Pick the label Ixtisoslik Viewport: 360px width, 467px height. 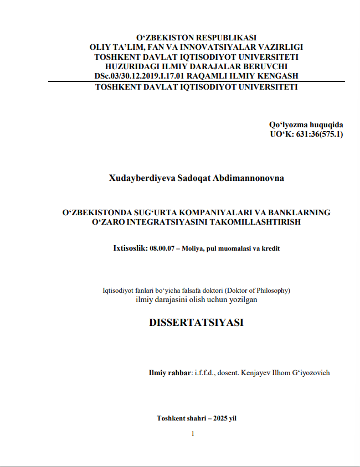pyautogui.click(x=130, y=248)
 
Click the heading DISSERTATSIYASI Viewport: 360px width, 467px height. pyautogui.click(x=197, y=323)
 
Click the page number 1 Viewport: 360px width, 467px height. pyautogui.click(x=193, y=434)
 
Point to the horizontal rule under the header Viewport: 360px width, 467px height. pyautogui.click(x=197, y=81)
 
